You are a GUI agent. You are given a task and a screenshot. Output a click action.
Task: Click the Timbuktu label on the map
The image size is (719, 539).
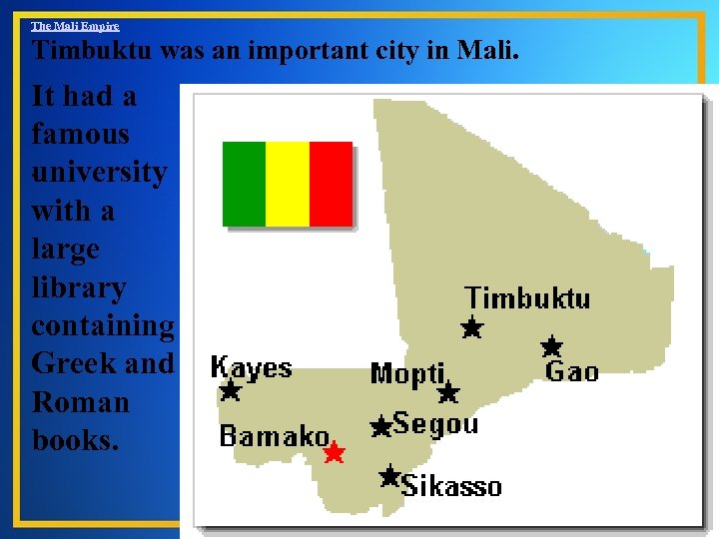coord(527,297)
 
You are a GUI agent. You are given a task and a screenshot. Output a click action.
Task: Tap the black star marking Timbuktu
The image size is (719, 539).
coord(471,327)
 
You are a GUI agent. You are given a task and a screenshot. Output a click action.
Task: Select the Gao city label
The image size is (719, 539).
coord(572,372)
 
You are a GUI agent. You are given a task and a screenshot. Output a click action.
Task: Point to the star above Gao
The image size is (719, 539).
coord(551,347)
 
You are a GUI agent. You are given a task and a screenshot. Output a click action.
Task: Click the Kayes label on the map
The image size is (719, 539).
coord(252,367)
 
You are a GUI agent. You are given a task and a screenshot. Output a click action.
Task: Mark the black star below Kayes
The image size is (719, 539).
coord(231,390)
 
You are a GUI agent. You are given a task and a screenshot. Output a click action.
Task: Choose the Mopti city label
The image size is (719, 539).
coord(406,374)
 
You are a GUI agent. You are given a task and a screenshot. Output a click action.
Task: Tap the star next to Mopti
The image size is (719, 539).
coord(448,392)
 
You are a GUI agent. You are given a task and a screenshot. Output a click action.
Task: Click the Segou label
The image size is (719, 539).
coord(435,423)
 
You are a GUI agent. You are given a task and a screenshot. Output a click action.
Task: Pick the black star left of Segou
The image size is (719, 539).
coord(380,427)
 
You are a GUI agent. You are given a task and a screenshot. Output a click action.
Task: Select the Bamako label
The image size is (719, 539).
coord(275,436)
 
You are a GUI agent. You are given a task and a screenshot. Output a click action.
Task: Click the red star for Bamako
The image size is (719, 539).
coord(334,453)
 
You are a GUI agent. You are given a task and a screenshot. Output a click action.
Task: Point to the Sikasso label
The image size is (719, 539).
coord(451,486)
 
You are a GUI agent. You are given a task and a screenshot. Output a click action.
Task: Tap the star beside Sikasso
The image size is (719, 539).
coord(389,476)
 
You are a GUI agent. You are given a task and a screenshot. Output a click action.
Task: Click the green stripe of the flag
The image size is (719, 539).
coord(244,184)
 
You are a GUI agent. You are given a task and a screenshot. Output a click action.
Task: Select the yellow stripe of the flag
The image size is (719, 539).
coord(288,184)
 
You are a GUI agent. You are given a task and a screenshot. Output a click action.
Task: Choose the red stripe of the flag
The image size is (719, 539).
coord(331,184)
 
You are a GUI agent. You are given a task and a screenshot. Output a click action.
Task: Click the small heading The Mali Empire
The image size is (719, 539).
coord(75,26)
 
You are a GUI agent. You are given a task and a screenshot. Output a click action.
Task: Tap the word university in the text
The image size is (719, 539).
coord(99,172)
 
